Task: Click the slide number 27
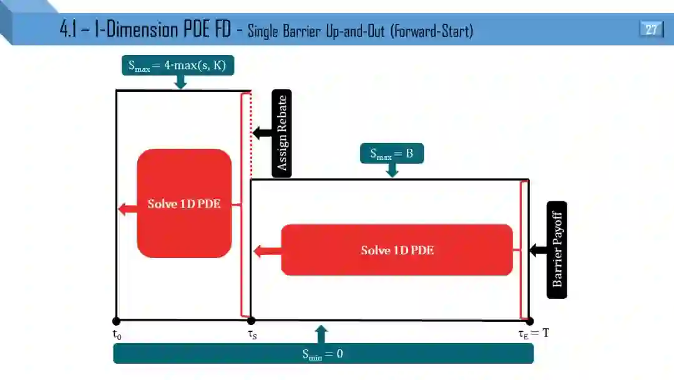point(652,29)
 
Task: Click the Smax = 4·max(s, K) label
point(177,65)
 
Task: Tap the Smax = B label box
point(391,154)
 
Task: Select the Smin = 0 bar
point(323,354)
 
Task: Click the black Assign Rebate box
point(281,133)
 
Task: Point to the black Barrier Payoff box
point(557,249)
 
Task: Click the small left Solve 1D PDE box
point(184,203)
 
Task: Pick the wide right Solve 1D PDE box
point(397,250)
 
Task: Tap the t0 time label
point(117,334)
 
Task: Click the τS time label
point(252,334)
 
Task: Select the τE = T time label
point(534,333)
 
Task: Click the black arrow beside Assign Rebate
point(261,132)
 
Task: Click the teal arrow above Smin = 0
point(321,334)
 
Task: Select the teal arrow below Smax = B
point(392,171)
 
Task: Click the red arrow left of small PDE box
point(127,209)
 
